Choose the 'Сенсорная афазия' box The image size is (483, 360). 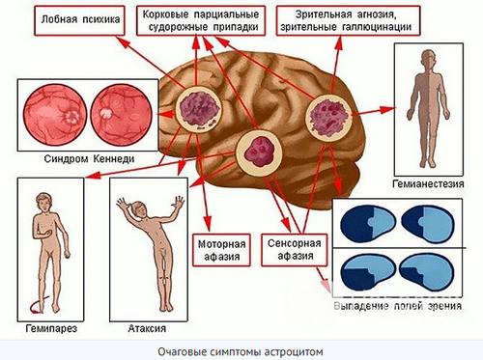(x=292, y=249)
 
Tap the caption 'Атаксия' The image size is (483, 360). (x=143, y=328)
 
